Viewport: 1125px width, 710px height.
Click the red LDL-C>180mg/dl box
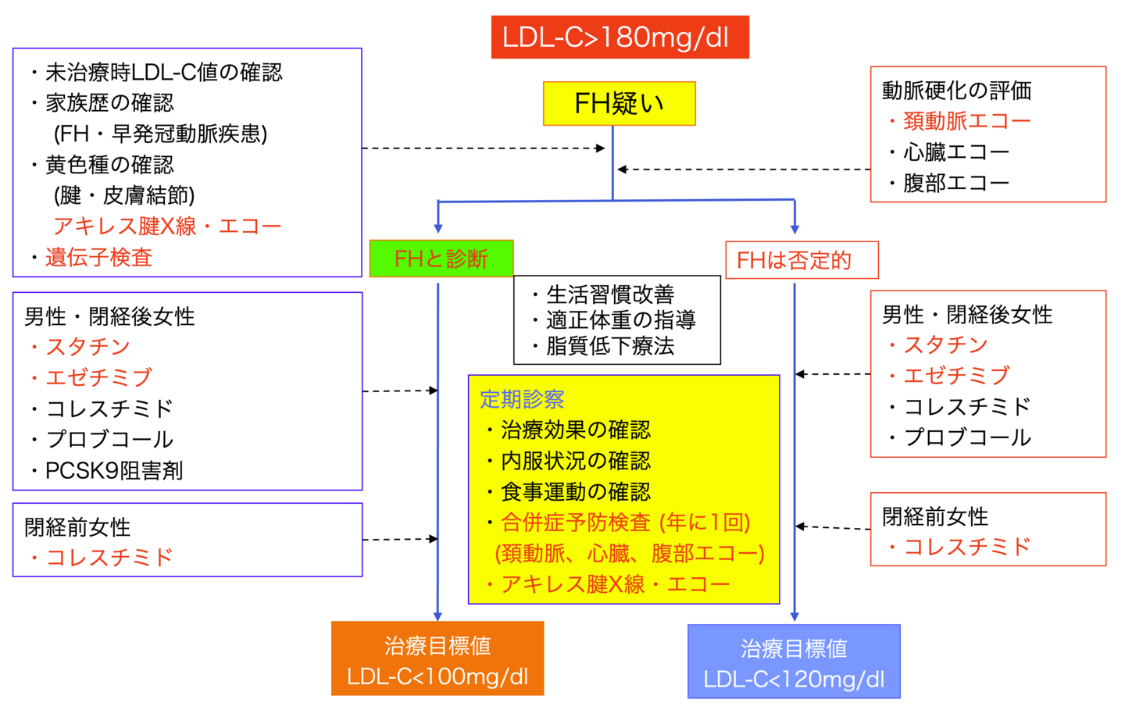tap(620, 37)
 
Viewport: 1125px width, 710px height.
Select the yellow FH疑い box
tap(619, 103)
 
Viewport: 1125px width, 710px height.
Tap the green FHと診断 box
tap(441, 259)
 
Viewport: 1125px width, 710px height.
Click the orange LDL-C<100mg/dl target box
tap(437, 658)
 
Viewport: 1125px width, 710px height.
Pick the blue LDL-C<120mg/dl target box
tap(794, 662)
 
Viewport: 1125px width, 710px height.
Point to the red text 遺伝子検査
tap(98, 257)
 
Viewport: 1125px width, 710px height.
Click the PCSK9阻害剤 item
tap(114, 470)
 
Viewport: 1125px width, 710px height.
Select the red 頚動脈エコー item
tap(966, 121)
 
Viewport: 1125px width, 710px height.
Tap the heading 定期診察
tap(522, 399)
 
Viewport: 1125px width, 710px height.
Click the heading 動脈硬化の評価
tap(956, 91)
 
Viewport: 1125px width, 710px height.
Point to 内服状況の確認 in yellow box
tap(575, 461)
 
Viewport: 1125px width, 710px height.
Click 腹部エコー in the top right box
tap(956, 183)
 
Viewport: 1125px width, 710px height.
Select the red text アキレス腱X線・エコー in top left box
tap(167, 227)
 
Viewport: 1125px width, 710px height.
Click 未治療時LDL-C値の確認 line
tap(163, 73)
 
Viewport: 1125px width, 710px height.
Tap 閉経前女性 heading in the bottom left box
tap(77, 527)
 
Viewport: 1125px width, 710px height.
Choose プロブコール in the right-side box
tap(967, 437)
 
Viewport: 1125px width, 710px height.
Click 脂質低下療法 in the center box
tap(609, 346)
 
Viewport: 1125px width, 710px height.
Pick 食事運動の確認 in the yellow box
tap(575, 491)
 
